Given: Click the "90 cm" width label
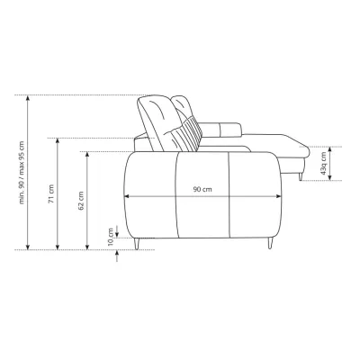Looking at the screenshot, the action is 202,189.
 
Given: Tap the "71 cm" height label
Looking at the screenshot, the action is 51,193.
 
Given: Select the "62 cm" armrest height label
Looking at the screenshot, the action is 81,201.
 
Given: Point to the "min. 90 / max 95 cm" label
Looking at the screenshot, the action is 22,172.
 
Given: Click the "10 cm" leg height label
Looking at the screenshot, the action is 111,237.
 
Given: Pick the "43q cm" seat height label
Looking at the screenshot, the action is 323,163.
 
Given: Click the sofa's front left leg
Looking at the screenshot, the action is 137,244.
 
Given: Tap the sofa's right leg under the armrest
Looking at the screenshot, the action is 270,243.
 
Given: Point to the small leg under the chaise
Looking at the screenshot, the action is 301,177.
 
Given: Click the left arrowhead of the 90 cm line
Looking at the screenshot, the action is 127,196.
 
